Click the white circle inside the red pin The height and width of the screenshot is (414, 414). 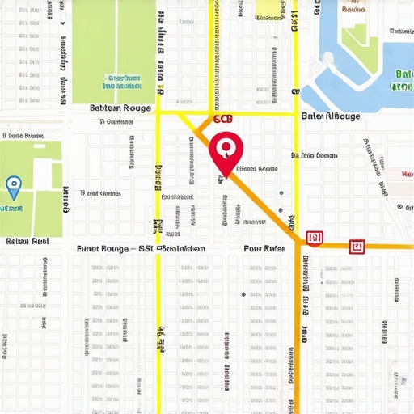click(x=226, y=147)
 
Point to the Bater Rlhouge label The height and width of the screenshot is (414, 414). click(x=330, y=116)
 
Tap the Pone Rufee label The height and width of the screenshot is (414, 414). click(x=264, y=249)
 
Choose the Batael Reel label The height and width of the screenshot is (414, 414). click(x=27, y=241)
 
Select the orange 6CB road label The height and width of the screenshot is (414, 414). click(x=222, y=119)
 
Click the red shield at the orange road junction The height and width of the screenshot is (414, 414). click(x=315, y=238)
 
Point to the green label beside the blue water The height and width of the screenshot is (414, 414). click(x=402, y=79)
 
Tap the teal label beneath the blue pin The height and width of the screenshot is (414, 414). click(x=11, y=208)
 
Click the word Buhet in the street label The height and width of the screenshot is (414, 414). click(x=91, y=249)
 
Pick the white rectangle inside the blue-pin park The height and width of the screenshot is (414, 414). click(x=57, y=175)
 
